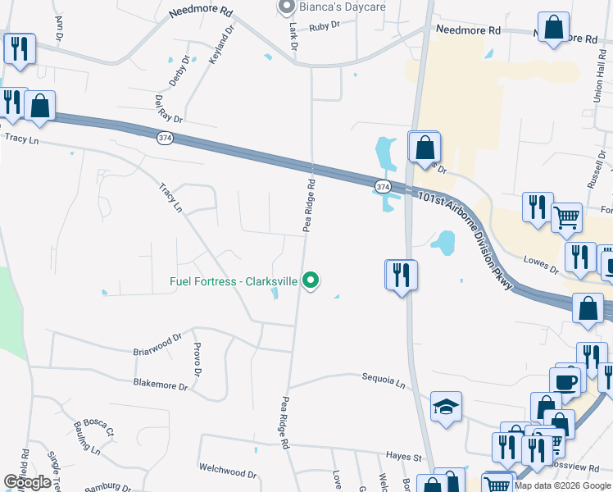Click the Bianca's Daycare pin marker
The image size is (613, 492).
coord(286,7)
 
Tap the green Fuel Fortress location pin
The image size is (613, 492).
coord(311,280)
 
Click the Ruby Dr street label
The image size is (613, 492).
coord(325,26)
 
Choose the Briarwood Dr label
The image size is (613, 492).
coord(157,344)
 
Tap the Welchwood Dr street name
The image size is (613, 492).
coord(227,471)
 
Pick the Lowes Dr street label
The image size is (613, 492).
coord(542,263)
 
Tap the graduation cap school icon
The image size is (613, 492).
coord(446,407)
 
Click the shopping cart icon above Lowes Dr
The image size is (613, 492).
coord(566,218)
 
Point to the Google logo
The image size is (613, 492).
coord(27,482)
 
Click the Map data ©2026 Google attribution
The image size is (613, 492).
coord(562,485)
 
